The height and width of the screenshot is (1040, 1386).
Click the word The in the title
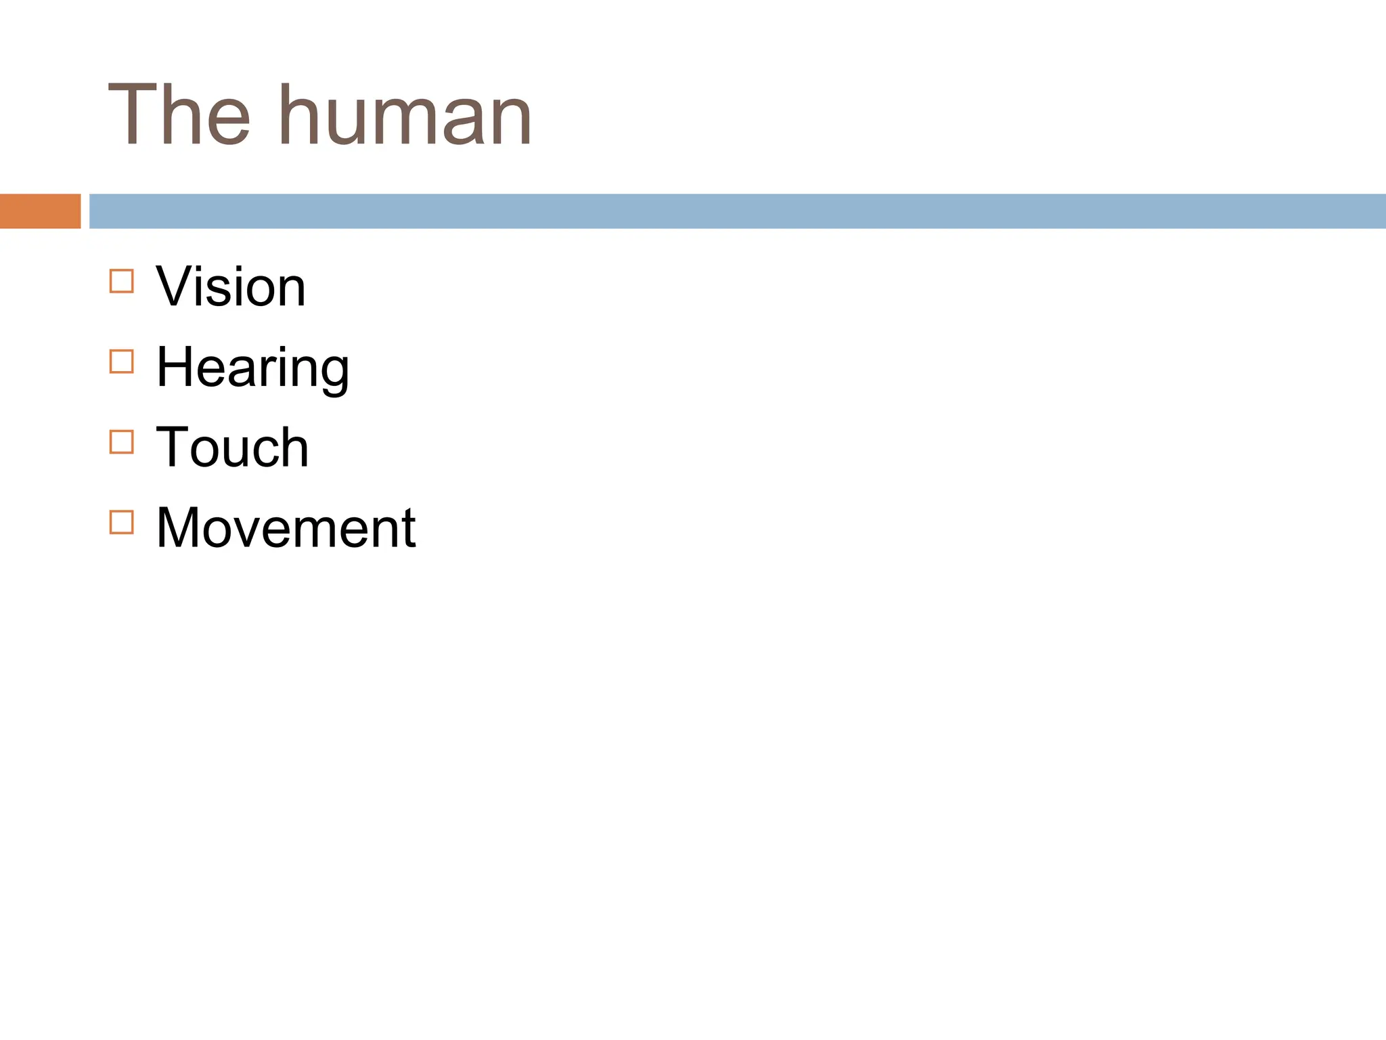(179, 115)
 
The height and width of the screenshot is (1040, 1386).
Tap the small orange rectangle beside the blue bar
(40, 211)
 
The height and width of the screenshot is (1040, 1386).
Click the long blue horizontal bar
(737, 211)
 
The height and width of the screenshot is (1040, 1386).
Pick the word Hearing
(252, 368)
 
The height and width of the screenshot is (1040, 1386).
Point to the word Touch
(232, 448)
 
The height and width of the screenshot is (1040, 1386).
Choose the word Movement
(286, 527)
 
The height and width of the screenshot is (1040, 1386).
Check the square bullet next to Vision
(122, 281)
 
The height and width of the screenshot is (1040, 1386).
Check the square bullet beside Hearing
(122, 362)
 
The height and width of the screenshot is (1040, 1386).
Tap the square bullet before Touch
(122, 442)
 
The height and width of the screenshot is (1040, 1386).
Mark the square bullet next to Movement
(122, 522)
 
